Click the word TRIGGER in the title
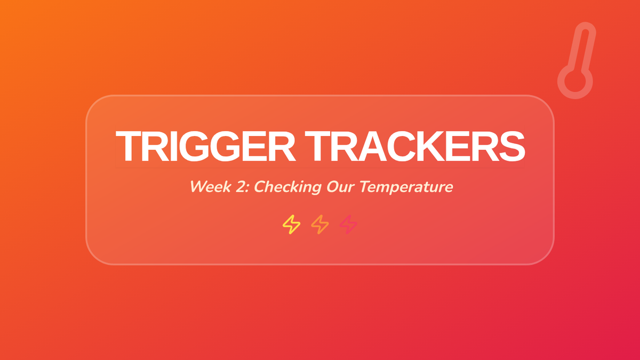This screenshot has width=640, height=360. pyautogui.click(x=205, y=146)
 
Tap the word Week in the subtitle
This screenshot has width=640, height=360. pyautogui.click(x=211, y=187)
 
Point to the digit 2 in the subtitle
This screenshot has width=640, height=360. pyautogui.click(x=242, y=187)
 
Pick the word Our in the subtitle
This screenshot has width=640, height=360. pyautogui.click(x=341, y=187)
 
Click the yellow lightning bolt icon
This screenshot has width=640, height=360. pyautogui.click(x=291, y=225)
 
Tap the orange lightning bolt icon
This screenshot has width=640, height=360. pyautogui.click(x=320, y=225)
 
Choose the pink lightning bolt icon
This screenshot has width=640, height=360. pyautogui.click(x=348, y=225)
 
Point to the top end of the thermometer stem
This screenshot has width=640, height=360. pyautogui.click(x=586, y=24)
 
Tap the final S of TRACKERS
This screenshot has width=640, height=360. pyautogui.click(x=512, y=146)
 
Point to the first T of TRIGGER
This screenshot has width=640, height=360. pyautogui.click(x=129, y=146)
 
